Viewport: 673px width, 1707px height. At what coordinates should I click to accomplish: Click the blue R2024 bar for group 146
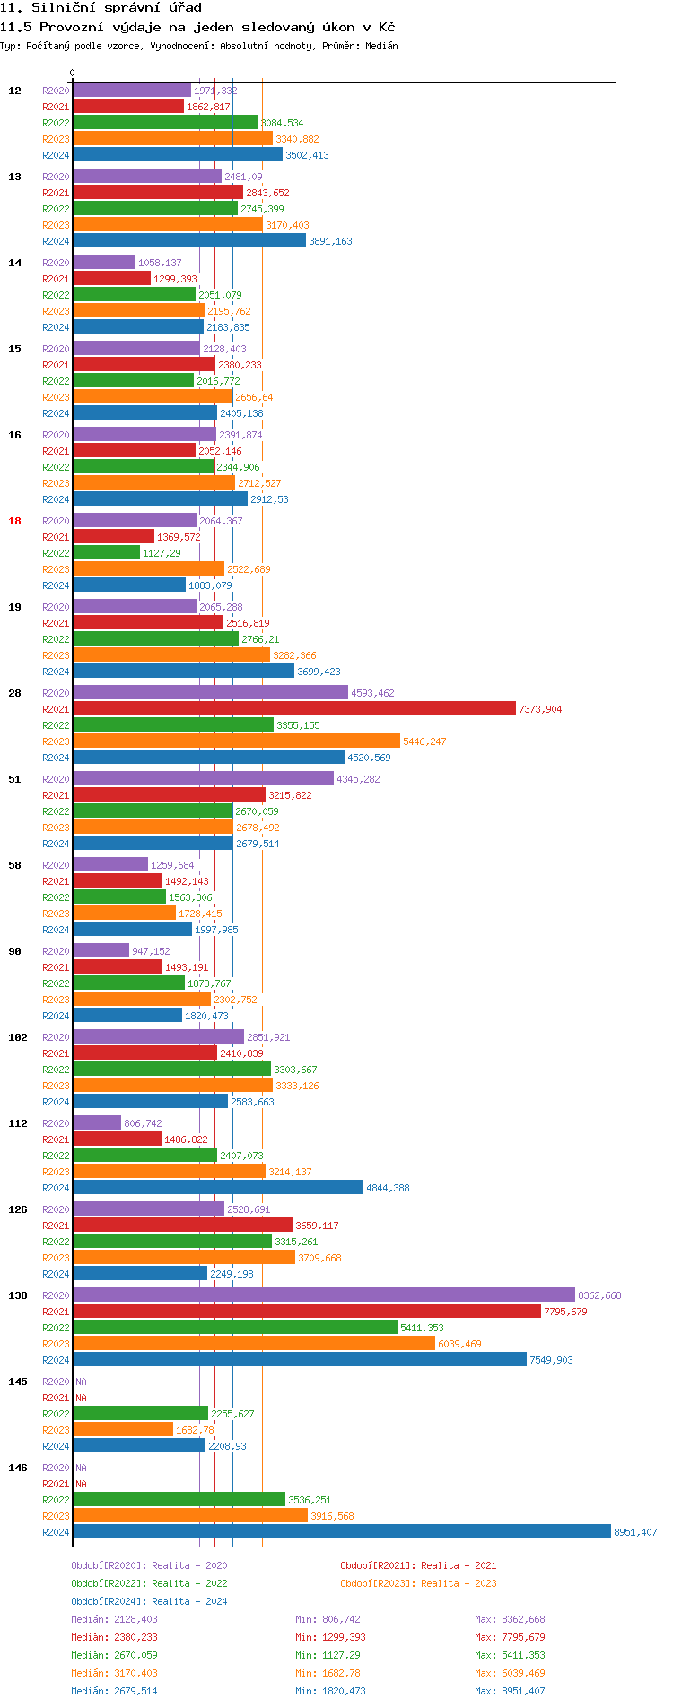tap(341, 1532)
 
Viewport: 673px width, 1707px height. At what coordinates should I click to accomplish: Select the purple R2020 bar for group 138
tap(323, 1295)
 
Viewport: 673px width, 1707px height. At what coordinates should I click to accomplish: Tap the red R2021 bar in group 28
tap(293, 709)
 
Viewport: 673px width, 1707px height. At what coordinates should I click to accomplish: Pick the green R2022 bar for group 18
tap(106, 553)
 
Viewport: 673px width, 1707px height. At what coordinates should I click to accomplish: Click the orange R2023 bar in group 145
tap(122, 1430)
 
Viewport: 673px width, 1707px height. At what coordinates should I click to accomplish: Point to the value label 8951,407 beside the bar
tap(635, 1532)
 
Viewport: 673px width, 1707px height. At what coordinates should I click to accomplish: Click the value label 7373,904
tap(540, 709)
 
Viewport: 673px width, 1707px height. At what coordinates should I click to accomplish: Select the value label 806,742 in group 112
tap(143, 1123)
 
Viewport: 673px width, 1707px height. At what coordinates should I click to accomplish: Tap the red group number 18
tap(14, 521)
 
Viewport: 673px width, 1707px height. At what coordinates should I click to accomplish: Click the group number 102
tap(18, 1037)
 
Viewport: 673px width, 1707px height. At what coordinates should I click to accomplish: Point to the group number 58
tap(14, 865)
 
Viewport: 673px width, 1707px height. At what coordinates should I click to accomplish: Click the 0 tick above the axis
tap(73, 74)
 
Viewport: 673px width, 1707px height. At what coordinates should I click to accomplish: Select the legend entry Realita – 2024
tap(149, 1601)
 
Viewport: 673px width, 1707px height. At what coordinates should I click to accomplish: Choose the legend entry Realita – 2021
tap(418, 1565)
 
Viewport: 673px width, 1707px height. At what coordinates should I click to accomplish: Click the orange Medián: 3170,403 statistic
tap(114, 1673)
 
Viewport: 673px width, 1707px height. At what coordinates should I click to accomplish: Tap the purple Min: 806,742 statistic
tap(329, 1619)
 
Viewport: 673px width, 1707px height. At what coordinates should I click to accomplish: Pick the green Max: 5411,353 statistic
tap(510, 1655)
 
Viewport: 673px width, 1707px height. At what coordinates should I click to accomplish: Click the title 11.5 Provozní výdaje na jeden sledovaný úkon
tap(197, 27)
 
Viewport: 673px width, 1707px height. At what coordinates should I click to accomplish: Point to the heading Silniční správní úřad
tap(101, 7)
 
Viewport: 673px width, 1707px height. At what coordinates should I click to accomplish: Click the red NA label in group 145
tap(81, 1398)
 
